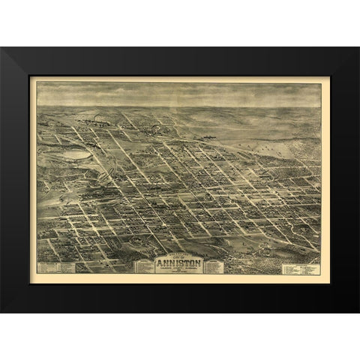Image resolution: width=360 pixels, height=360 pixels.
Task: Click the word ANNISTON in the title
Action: (179, 263)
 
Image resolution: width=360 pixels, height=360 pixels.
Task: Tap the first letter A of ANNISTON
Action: (158, 263)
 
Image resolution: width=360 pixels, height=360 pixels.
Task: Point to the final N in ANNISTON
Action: (201, 263)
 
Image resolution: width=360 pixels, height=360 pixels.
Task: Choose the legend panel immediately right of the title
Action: (214, 266)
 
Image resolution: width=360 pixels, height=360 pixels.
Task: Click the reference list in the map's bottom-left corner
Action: (56, 267)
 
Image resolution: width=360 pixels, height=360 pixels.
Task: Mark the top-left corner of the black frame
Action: (1, 48)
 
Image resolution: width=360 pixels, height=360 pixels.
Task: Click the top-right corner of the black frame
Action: (358, 48)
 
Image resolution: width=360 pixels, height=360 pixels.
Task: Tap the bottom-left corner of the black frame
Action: (1, 311)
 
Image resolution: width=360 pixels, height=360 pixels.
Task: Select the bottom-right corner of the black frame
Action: (358, 311)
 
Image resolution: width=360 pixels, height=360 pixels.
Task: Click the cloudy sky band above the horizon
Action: (180, 93)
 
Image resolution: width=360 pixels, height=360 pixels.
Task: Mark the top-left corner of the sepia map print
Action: (37, 82)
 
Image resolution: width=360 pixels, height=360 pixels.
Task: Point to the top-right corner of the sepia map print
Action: (322, 82)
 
